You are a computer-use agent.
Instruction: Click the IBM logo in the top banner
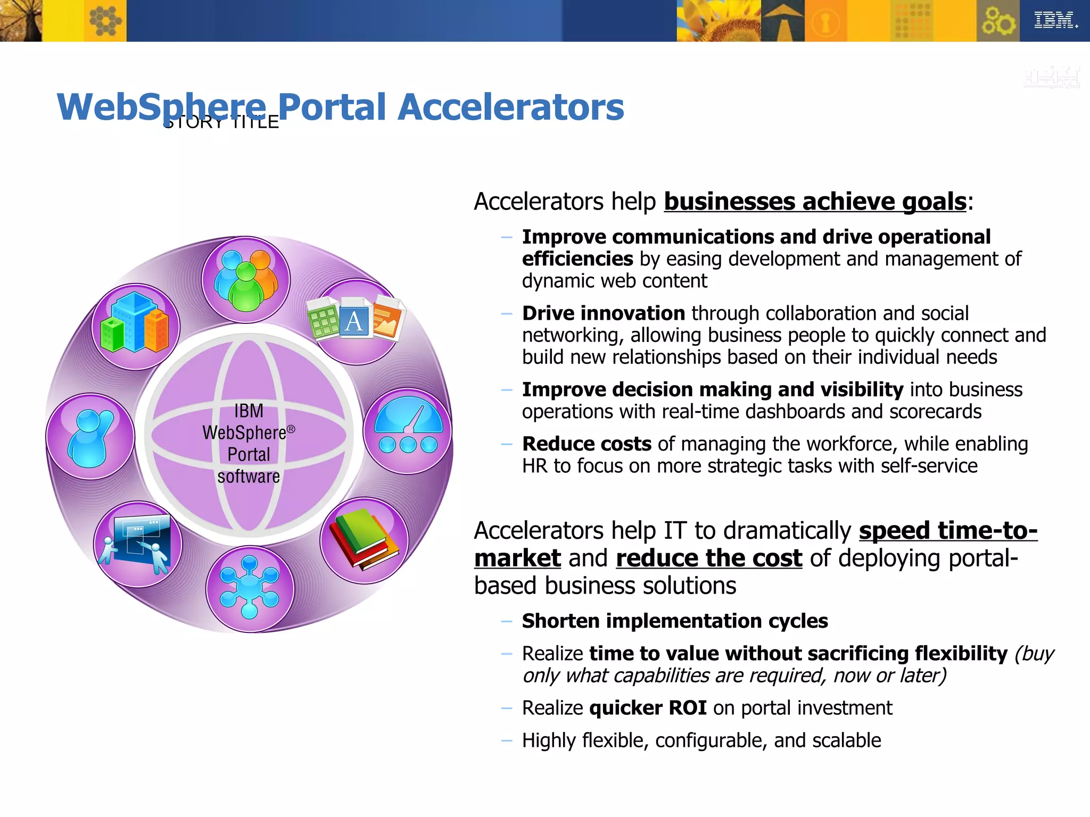point(1055,21)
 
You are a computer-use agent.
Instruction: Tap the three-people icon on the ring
point(246,280)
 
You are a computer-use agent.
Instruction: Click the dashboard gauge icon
point(408,430)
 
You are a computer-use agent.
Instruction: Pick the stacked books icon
point(364,539)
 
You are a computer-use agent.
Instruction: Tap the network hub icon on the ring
point(250,588)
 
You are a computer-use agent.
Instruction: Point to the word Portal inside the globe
point(249,455)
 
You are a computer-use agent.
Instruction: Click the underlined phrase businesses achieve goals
point(814,202)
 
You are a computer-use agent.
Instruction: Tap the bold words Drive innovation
point(603,313)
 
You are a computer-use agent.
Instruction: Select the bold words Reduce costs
point(586,444)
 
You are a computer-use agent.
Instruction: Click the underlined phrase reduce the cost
point(708,558)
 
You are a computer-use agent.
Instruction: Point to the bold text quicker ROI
point(648,708)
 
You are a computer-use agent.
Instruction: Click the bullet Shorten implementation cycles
point(674,621)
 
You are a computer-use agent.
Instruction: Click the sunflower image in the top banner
point(719,21)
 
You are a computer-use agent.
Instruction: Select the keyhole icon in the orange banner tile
point(825,22)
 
